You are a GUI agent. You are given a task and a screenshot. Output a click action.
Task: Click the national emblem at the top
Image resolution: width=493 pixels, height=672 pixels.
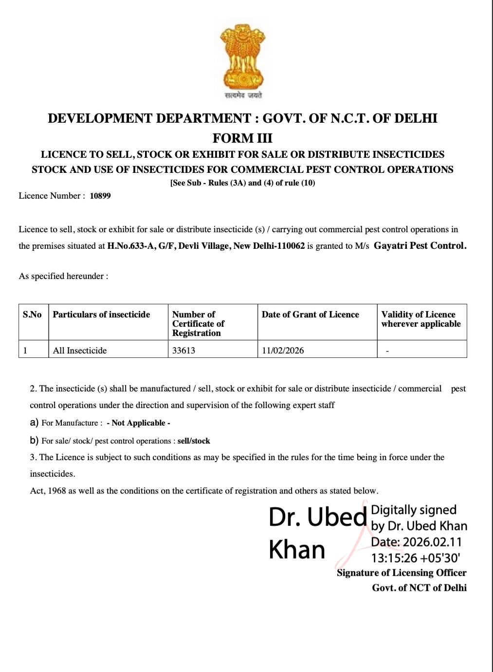click(243, 58)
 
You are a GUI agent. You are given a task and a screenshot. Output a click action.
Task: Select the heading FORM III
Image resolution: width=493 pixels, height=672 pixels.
click(242, 138)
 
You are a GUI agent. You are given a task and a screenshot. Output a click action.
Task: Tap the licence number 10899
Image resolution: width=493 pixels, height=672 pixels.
click(100, 196)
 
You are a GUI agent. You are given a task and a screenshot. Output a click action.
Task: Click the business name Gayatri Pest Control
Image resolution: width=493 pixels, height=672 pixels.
click(420, 245)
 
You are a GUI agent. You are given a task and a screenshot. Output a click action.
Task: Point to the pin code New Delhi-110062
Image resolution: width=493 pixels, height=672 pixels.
click(269, 246)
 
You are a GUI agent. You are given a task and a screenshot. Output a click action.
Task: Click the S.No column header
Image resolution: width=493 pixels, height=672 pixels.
click(32, 315)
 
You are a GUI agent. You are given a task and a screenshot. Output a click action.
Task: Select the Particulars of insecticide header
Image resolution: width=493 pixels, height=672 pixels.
click(101, 315)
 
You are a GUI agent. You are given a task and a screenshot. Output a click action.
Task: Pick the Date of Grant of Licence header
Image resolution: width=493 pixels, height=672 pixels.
click(310, 315)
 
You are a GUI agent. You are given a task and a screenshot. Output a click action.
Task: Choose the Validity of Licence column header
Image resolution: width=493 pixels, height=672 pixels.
click(420, 319)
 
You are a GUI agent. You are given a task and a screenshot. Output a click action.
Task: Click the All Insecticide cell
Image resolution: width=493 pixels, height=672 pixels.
click(80, 350)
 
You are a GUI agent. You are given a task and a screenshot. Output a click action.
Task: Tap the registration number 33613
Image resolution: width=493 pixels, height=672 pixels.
click(183, 350)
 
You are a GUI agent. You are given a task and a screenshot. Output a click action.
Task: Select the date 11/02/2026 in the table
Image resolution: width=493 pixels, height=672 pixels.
click(283, 350)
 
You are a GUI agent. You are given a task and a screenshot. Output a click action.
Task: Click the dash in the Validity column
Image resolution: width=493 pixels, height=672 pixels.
click(387, 351)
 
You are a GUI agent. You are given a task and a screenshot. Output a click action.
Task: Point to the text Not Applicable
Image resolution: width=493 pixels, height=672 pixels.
click(139, 423)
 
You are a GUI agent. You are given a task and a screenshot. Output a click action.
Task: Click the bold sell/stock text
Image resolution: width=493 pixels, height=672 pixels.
click(194, 441)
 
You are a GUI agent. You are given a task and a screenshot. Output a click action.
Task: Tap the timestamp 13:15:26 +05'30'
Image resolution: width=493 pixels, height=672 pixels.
click(416, 558)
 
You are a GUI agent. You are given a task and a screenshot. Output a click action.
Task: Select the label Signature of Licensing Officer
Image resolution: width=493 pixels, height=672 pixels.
click(402, 573)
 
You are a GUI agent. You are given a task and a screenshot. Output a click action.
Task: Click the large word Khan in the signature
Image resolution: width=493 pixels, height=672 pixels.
click(297, 550)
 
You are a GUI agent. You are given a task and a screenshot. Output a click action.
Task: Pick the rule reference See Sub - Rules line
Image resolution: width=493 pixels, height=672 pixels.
click(242, 183)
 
